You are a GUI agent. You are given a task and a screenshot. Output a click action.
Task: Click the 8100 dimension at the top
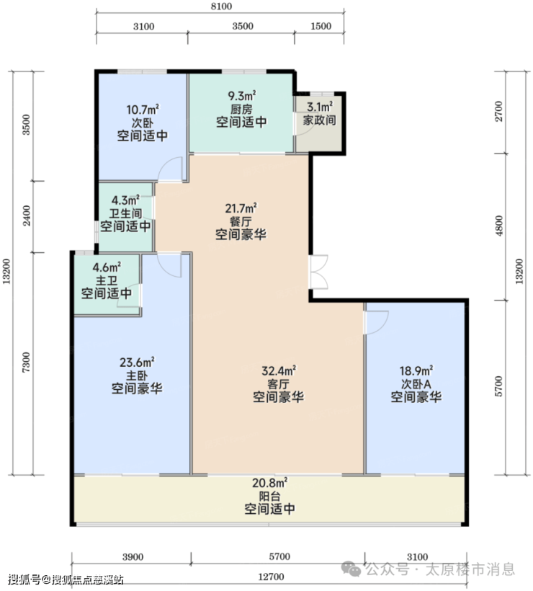221,6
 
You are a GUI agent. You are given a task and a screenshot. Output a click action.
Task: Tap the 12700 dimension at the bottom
271,577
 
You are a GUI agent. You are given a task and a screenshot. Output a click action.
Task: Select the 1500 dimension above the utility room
321,26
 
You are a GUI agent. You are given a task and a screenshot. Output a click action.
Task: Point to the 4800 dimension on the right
498,226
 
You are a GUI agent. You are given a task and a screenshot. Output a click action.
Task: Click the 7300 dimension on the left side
26,363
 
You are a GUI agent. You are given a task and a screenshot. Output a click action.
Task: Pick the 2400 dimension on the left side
27,215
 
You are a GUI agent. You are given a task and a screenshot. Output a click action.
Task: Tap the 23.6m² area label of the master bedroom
137,363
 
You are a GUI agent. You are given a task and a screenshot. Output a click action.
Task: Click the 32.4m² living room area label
279,370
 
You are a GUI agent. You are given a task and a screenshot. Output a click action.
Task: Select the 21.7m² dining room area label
241,208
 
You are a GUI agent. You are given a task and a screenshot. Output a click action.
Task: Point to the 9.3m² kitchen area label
242,96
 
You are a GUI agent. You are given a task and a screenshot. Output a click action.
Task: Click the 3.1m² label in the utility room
319,107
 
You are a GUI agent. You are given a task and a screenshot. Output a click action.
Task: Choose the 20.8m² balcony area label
269,483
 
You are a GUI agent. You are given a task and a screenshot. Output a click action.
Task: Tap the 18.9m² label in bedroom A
416,370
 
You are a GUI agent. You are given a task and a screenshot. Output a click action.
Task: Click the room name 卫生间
125,213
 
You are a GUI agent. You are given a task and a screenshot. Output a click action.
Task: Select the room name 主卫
107,280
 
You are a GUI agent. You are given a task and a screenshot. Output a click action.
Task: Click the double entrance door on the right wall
318,272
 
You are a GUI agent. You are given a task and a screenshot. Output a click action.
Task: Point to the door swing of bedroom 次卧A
377,323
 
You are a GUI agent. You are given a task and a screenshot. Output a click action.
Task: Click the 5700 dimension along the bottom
279,556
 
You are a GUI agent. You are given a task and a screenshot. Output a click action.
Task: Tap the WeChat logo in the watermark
350,569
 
